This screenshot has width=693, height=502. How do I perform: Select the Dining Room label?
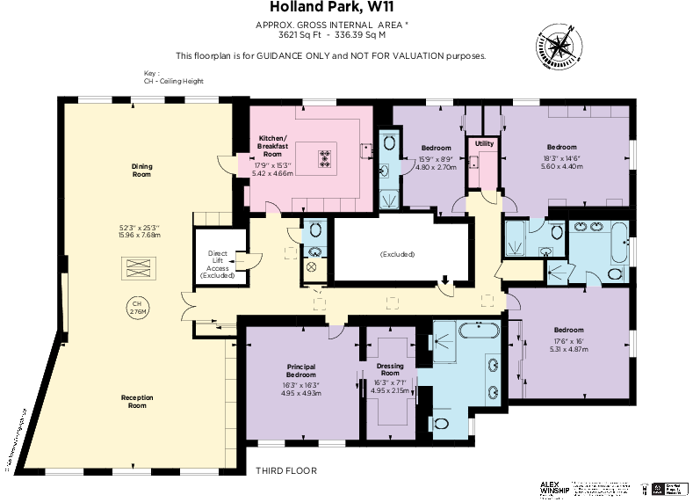pyautogui.click(x=141, y=170)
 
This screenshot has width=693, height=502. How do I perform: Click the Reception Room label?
pyautogui.click(x=137, y=402)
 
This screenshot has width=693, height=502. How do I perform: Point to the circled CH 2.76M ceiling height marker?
pyautogui.click(x=136, y=308)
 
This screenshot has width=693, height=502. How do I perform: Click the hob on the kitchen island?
pyautogui.click(x=325, y=159)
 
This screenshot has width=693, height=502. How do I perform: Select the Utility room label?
pyautogui.click(x=484, y=142)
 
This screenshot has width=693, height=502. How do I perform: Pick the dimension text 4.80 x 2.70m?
pyautogui.click(x=436, y=166)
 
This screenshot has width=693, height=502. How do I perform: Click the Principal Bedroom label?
pyautogui.click(x=301, y=369)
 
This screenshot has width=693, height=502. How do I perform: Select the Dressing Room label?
pyautogui.click(x=389, y=369)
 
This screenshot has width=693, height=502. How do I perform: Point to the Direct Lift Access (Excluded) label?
pyautogui.click(x=217, y=264)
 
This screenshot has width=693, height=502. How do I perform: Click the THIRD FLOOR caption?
pyautogui.click(x=285, y=470)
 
